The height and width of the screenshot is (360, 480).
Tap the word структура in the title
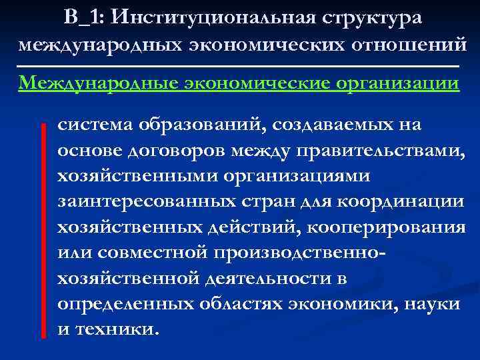click(376, 17)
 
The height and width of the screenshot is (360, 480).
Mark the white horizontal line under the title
click(239, 66)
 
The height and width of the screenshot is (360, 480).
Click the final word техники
click(120, 329)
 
